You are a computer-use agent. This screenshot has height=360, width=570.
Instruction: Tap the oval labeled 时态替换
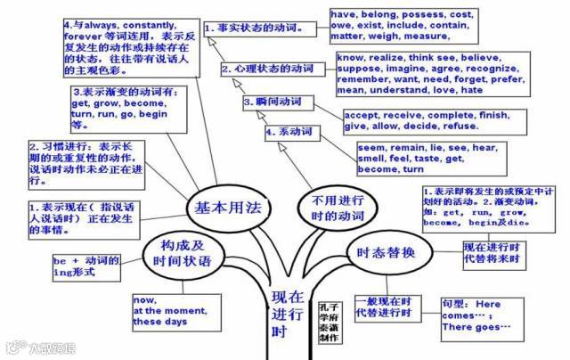coord(383,252)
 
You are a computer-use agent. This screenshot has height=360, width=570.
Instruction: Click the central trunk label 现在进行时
coord(286,314)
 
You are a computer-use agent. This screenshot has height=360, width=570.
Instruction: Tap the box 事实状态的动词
coord(257,27)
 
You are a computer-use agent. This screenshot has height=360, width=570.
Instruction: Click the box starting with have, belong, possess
coord(388,27)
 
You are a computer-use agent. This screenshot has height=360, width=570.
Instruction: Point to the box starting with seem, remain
coord(404,156)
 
